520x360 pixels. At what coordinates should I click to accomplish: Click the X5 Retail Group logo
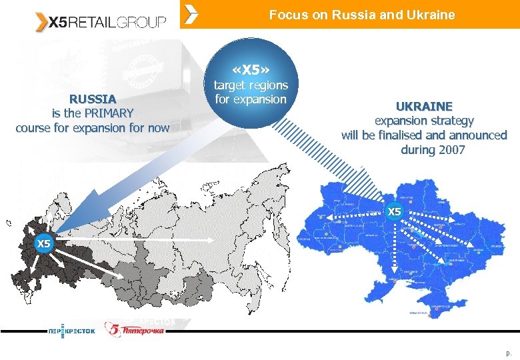101,21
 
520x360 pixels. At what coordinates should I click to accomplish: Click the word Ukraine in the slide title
431,15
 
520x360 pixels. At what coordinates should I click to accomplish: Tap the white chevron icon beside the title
191,14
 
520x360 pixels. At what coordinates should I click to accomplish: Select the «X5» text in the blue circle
250,69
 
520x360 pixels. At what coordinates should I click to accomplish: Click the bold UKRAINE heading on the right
423,106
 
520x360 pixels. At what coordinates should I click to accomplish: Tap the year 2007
451,150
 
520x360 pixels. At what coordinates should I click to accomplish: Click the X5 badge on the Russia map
43,243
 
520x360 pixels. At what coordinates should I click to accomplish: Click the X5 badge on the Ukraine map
395,212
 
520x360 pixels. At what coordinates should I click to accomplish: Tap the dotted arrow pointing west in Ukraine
353,216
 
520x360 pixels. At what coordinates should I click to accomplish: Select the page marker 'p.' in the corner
509,351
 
